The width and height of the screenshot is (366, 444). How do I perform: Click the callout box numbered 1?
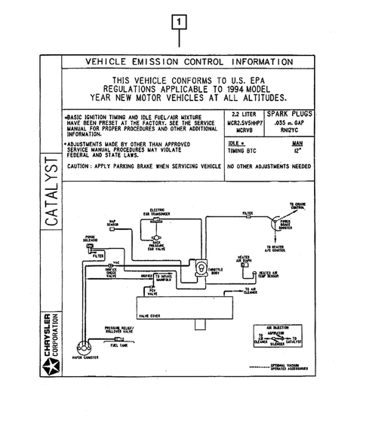tap(180, 22)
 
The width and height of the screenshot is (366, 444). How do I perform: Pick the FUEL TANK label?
tap(119, 346)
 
